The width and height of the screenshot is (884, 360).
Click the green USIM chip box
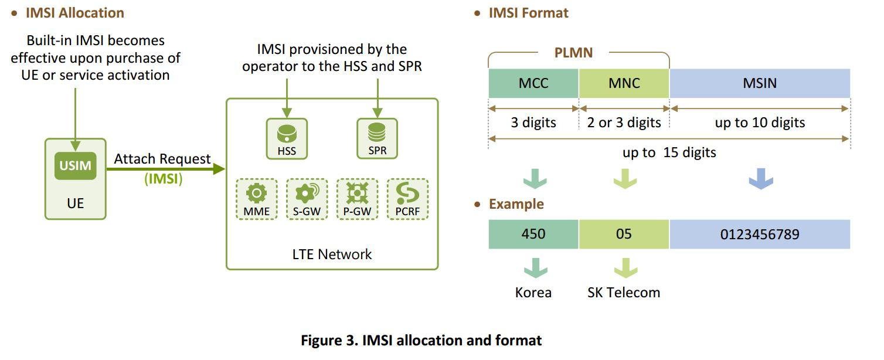point(75,166)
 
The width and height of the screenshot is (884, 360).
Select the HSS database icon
point(287,134)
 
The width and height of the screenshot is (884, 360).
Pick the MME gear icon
point(257,193)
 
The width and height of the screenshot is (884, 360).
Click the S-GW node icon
point(307,193)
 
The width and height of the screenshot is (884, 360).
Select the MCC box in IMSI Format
point(533,83)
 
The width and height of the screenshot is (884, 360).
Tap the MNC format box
point(624,83)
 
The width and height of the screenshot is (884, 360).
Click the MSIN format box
point(760,83)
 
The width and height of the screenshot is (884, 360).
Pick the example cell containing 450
point(533,235)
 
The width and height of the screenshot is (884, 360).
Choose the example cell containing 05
point(624,235)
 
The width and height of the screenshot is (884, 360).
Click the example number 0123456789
point(760,235)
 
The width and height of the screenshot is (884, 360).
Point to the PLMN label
point(573,53)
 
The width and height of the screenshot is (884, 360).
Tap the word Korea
point(533,292)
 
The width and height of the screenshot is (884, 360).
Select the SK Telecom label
point(624,292)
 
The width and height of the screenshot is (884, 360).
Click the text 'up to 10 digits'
point(760,123)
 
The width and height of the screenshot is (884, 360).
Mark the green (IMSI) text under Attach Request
point(164,179)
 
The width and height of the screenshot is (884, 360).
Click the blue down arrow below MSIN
point(761,179)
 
